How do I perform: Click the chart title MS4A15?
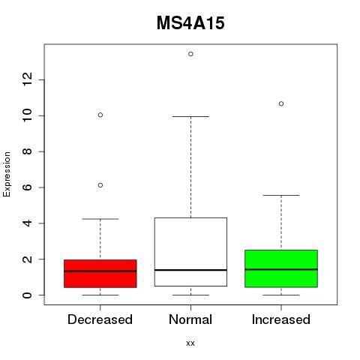pos(190,23)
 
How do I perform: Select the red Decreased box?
pos(100,274)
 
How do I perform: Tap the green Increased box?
pos(281,268)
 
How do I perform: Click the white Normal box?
pos(190,252)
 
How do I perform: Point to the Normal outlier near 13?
pos(190,54)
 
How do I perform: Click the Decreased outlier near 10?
pos(100,115)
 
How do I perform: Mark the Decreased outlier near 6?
pos(100,185)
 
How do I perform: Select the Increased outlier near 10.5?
pos(281,103)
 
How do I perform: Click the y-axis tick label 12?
pos(27,79)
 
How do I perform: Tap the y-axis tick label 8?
pos(27,151)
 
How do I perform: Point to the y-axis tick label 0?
pos(27,295)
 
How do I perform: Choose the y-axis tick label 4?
pos(27,223)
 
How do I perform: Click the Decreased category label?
pos(100,319)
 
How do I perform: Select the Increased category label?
pos(281,319)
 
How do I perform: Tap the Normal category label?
pos(190,319)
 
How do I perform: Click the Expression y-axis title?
pos(7,174)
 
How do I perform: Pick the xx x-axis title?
pos(190,343)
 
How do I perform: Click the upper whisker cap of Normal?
pos(190,116)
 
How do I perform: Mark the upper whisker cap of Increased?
pos(281,195)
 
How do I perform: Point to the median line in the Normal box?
pos(190,270)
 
